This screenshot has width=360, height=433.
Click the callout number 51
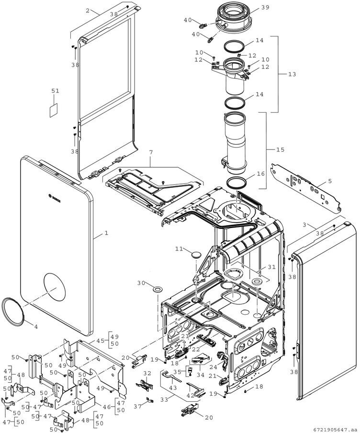click(55, 91)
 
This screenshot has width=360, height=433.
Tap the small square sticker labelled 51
click(54, 111)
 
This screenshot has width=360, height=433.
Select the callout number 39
click(265, 8)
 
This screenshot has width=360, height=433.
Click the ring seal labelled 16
click(236, 182)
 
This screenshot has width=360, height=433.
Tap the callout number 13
click(292, 74)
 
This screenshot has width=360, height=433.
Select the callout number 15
click(280, 149)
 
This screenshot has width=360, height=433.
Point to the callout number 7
click(151, 152)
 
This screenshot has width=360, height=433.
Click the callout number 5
click(330, 182)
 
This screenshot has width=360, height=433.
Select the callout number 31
click(271, 267)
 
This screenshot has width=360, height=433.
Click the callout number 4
click(36, 327)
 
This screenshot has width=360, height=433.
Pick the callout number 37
click(138, 406)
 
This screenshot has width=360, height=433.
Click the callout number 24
click(214, 367)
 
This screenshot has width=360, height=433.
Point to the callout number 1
click(106, 233)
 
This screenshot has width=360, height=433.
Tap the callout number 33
click(164, 399)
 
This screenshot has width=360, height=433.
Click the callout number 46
click(107, 407)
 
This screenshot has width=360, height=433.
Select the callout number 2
click(88, 11)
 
